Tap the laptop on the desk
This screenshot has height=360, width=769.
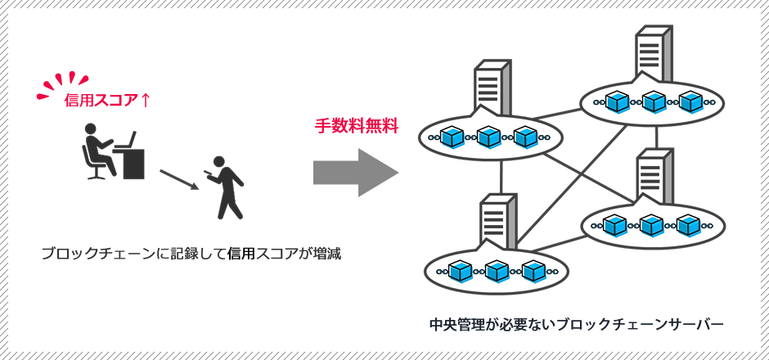tap(125, 141)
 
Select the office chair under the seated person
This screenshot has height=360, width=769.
tap(94, 166)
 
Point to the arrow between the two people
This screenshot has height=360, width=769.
tap(178, 179)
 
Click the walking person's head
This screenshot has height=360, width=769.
tap(218, 161)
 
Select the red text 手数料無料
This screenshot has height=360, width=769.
tap(357, 125)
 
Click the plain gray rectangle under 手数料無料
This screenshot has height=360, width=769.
tap(356, 172)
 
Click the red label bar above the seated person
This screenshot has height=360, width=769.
tap(106, 100)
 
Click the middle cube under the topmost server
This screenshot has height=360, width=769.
tap(654, 101)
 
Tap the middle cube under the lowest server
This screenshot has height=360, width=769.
tap(497, 270)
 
